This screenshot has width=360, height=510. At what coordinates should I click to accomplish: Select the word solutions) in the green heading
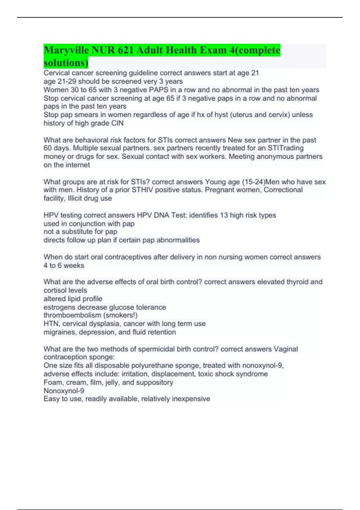[x=66, y=63]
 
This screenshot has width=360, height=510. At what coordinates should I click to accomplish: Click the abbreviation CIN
[x=117, y=123]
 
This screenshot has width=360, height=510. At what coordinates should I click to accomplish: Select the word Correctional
[x=283, y=190]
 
